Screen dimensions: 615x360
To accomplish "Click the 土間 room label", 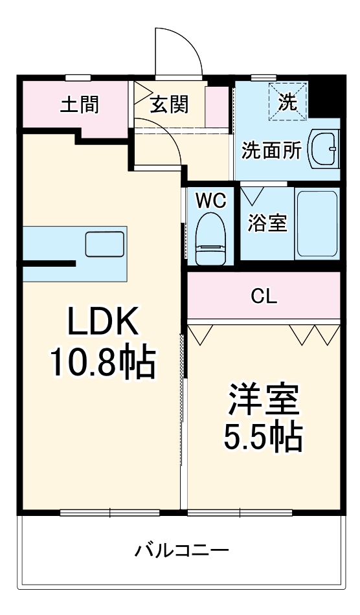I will tap(80, 105).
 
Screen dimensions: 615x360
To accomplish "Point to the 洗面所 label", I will tap(271, 151).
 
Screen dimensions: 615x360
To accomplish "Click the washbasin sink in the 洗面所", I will tap(324, 150).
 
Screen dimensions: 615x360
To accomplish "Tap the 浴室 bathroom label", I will tap(267, 223).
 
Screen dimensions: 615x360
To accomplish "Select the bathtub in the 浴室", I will tap(317, 224).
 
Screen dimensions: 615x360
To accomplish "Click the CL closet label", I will tap(264, 296).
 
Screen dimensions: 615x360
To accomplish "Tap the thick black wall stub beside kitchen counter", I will tap(48, 263).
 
